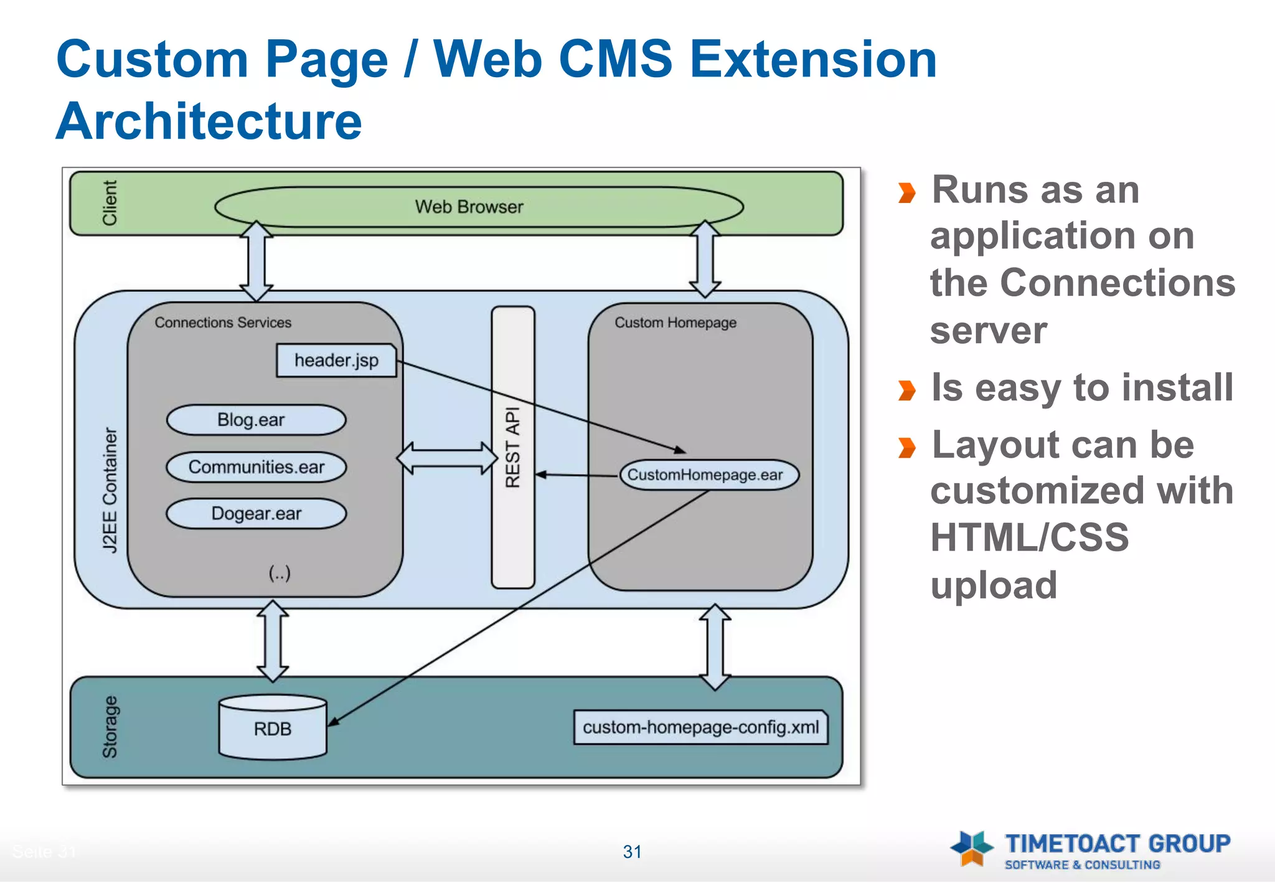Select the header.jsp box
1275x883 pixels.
[x=336, y=361]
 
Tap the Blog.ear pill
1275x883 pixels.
[x=256, y=420]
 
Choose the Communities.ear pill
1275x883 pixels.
[x=256, y=467]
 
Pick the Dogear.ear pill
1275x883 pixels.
[x=256, y=514]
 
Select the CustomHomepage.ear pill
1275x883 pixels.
[x=708, y=475]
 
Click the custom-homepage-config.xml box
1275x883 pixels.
[x=700, y=727]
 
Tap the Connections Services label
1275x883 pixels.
[x=223, y=323]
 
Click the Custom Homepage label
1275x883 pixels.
[x=675, y=323]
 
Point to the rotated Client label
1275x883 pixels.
[x=110, y=203]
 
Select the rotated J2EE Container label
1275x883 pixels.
[x=110, y=489]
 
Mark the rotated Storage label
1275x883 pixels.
[x=110, y=727]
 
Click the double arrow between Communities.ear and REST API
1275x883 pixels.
[x=447, y=458]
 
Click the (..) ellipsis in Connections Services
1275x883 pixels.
[x=280, y=573]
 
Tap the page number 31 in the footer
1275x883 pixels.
[x=632, y=852]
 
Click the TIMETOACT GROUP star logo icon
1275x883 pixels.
[x=972, y=848]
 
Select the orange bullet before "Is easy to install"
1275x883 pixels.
[x=907, y=390]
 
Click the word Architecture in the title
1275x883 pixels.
[x=209, y=121]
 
